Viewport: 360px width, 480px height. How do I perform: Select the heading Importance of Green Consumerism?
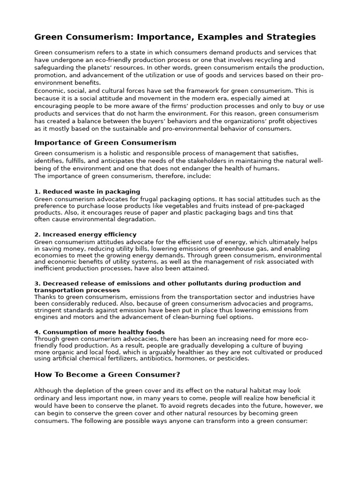pos(105,142)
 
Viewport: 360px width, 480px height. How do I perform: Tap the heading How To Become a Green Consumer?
pos(107,375)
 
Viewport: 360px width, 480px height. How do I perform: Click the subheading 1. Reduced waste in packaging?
pos(87,192)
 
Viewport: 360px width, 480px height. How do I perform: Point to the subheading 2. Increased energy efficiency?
pos(85,234)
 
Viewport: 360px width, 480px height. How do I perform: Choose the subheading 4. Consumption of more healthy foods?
pos(99,332)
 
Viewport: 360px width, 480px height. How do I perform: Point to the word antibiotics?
pos(166,359)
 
